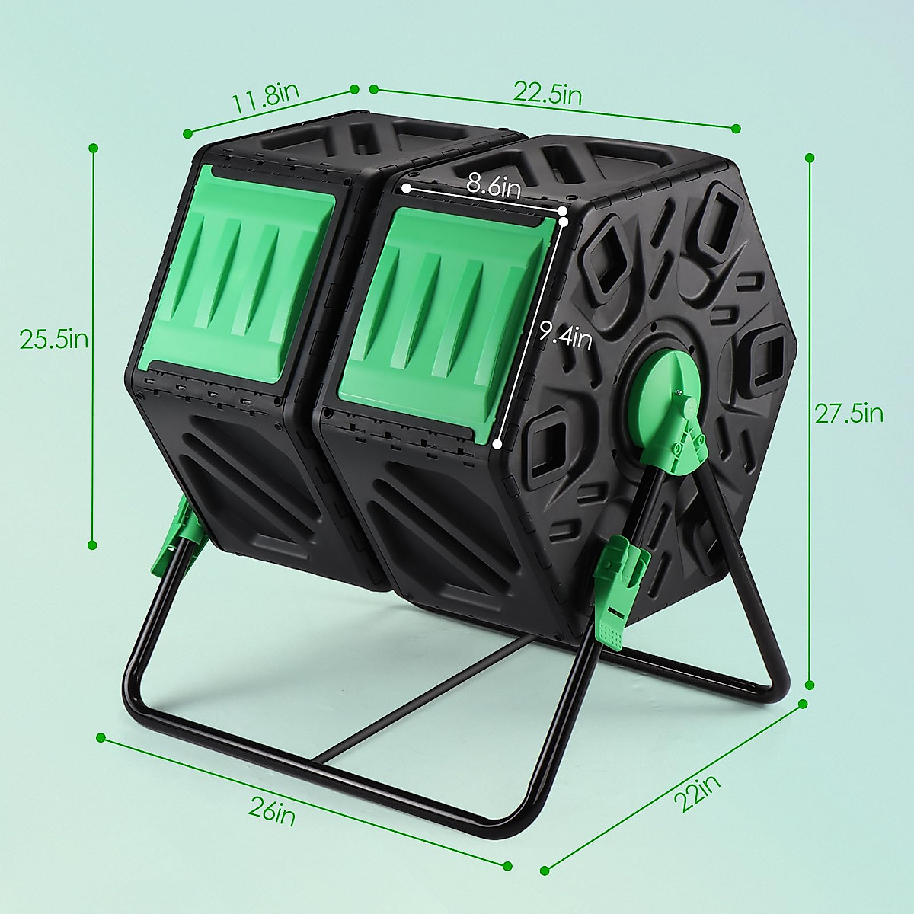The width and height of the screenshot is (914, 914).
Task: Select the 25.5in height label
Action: pyautogui.click(x=53, y=339)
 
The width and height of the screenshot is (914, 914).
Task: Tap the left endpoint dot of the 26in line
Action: pyautogui.click(x=101, y=737)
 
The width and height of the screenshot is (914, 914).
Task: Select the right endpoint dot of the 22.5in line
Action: pyautogui.click(x=736, y=127)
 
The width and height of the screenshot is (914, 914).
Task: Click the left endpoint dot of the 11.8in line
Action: pyautogui.click(x=187, y=134)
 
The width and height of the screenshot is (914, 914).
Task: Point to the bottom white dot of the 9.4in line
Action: pyautogui.click(x=497, y=444)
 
